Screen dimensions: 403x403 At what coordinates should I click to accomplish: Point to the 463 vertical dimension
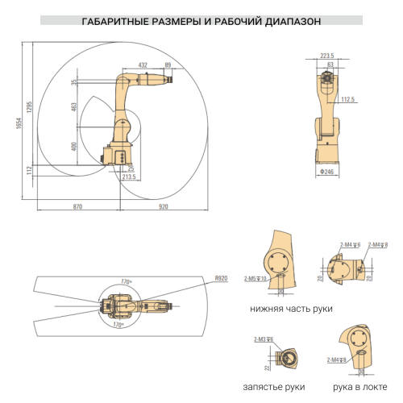74,107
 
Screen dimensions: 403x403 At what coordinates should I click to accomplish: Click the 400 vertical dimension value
74,146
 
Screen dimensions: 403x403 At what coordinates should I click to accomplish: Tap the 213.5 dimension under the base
128,177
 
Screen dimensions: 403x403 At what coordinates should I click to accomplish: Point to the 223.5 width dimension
326,56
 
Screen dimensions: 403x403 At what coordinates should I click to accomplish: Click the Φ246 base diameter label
327,172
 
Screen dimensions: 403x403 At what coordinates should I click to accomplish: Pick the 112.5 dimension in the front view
348,99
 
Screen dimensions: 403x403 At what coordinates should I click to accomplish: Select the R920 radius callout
221,278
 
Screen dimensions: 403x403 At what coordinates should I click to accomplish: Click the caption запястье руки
276,388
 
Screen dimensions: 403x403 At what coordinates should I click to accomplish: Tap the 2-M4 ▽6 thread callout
350,243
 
